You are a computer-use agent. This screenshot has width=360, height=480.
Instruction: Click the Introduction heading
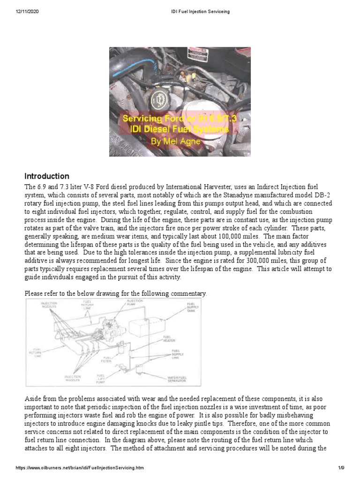46,176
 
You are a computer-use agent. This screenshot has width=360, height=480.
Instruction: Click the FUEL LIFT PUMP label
101,378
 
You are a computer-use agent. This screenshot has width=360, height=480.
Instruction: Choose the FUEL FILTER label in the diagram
106,360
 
